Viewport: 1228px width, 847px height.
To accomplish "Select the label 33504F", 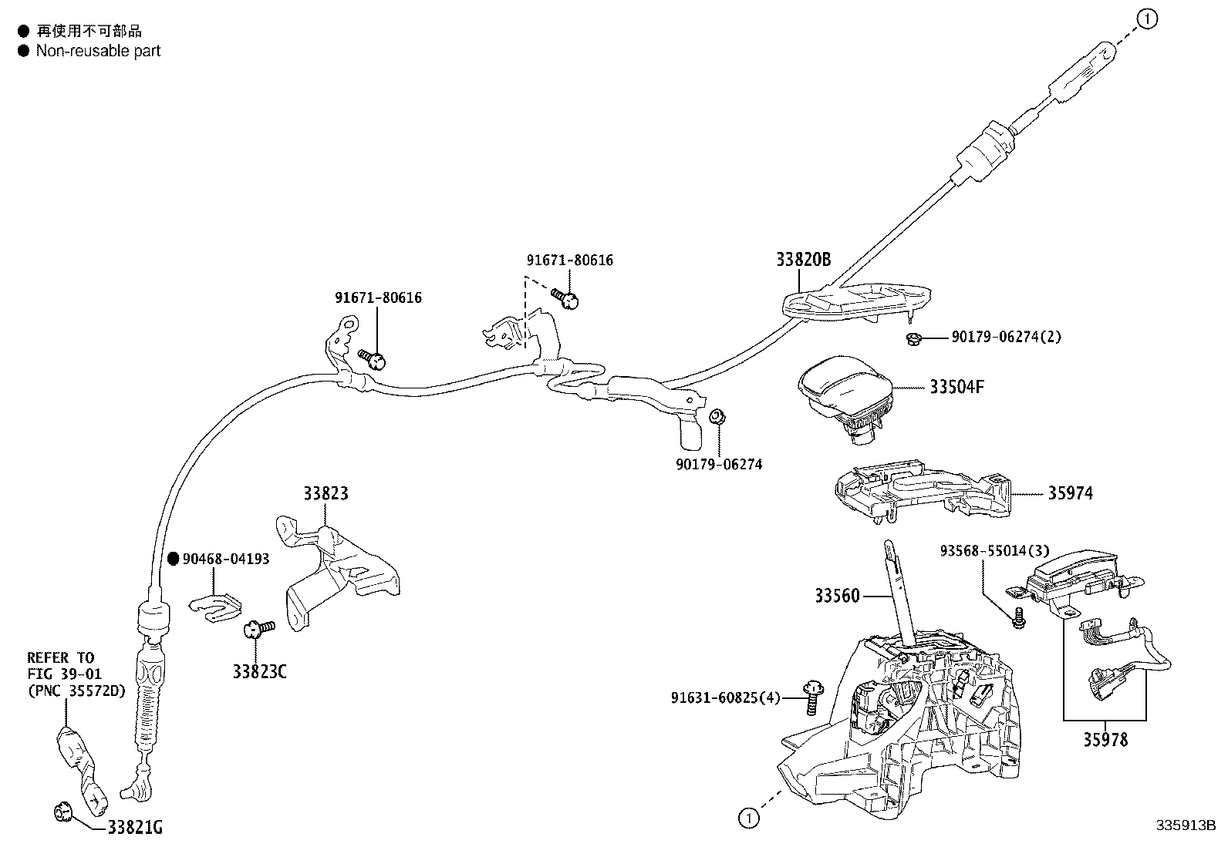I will [x=956, y=387].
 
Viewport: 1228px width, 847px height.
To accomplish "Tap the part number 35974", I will [x=1070, y=493].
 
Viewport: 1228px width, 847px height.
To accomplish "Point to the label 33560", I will [x=836, y=596].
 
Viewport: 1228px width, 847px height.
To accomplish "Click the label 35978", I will [x=1105, y=740].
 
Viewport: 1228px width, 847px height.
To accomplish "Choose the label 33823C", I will [x=259, y=672].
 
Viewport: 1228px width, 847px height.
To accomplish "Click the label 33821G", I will [x=135, y=828].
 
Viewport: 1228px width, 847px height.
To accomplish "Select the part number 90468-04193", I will [x=226, y=559].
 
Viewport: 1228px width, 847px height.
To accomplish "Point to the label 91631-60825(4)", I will [x=725, y=698].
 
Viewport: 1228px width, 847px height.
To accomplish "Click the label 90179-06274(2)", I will [x=1006, y=337].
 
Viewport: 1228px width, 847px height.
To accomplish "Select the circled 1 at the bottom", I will [x=748, y=818].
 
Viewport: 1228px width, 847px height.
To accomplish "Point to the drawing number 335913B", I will [x=1185, y=825].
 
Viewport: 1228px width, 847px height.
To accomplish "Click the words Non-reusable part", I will [x=98, y=51].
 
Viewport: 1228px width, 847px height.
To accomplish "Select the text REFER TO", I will [x=60, y=657].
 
